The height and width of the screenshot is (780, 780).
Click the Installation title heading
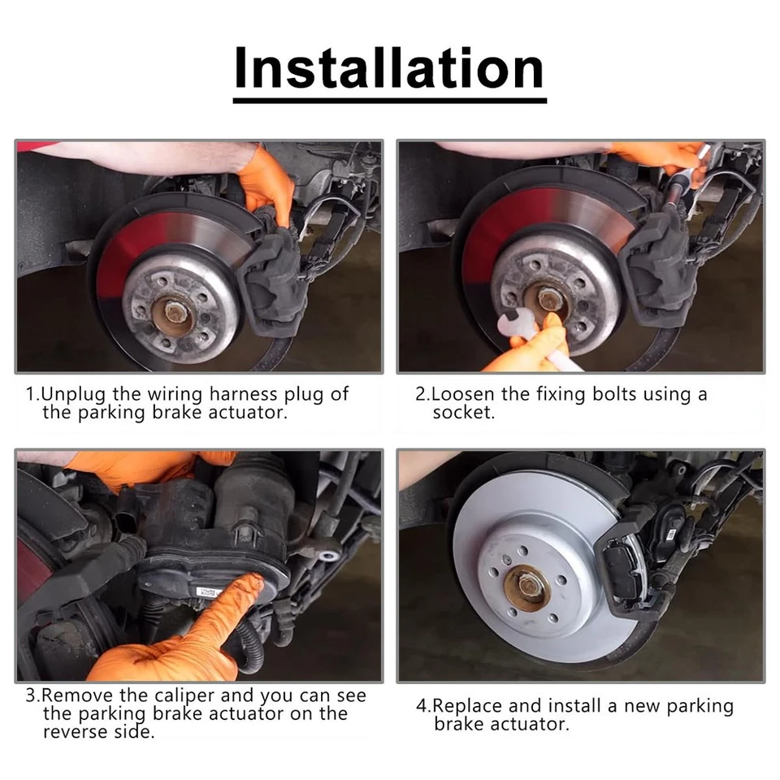point(389,69)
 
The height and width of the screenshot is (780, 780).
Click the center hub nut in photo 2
point(550,299)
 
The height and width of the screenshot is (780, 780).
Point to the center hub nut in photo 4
point(527,584)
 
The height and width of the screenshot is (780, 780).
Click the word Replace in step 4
point(467,706)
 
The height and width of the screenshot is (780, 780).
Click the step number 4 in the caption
point(421,706)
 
